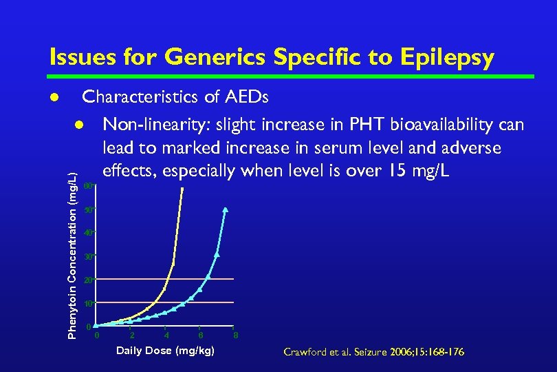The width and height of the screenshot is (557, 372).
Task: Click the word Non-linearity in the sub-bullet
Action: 156,125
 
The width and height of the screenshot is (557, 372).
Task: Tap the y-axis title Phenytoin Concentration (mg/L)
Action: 72,256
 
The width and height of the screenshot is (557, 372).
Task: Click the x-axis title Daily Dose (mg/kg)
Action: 166,351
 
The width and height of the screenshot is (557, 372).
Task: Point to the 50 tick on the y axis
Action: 87,209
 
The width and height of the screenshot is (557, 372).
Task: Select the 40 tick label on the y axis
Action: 87,234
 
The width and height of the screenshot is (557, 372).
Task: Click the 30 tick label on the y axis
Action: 87,257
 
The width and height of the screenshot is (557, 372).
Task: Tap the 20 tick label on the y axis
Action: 87,280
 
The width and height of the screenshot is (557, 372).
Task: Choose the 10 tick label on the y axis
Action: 87,304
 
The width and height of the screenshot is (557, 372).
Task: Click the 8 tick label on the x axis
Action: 236,335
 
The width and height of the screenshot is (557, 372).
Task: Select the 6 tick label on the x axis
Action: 200,335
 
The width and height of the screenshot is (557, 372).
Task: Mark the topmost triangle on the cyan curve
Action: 226,209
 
